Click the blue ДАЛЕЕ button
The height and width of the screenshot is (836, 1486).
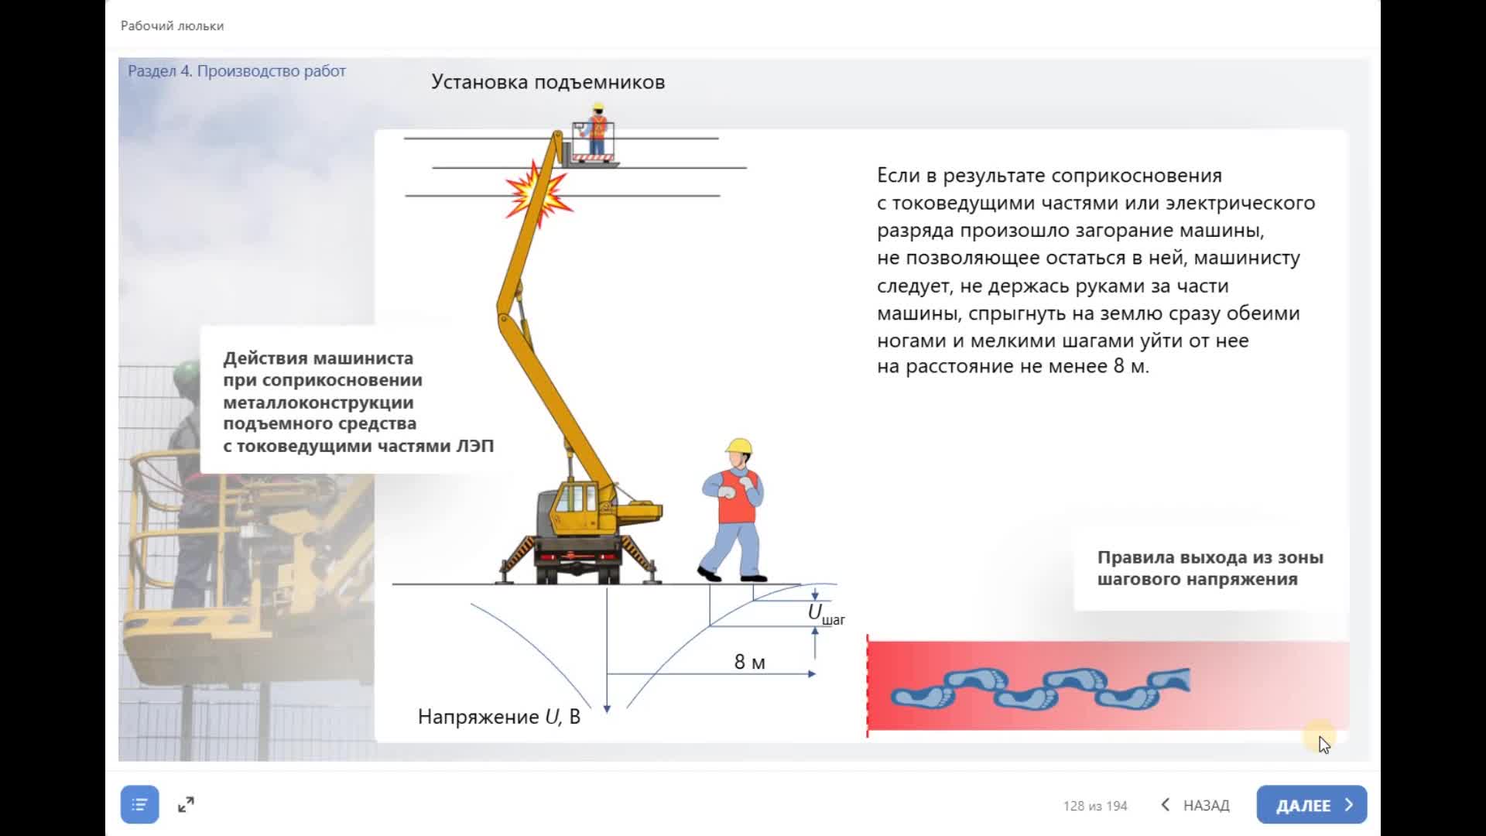pos(1311,805)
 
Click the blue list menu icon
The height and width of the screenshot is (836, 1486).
pos(139,805)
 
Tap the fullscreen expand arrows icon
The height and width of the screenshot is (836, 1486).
pos(186,805)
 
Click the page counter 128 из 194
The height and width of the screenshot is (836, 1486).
pos(1094,806)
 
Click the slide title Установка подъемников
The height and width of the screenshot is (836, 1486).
pos(547,82)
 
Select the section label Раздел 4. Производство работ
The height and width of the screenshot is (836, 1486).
pos(236,71)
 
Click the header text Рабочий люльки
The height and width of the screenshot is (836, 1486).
pos(172,26)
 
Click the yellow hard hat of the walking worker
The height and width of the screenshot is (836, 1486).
pos(739,446)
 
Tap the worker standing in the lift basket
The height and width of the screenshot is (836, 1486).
pos(597,132)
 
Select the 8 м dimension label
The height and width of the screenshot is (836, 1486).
pos(749,662)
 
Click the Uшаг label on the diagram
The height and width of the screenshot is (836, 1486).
pos(825,614)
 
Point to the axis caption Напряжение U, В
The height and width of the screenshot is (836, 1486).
pos(498,717)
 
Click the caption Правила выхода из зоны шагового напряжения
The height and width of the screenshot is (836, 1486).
pos(1210,568)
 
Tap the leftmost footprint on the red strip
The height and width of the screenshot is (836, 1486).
pos(921,694)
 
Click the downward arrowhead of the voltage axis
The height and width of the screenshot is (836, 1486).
pos(607,708)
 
